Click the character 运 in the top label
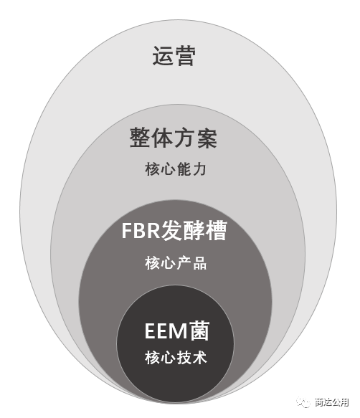point(163,56)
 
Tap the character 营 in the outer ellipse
point(185,56)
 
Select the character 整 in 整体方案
point(141,138)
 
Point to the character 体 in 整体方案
point(163,138)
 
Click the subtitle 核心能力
point(176,169)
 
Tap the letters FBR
point(141,230)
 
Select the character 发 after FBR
point(171,230)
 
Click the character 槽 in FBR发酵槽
point(216,230)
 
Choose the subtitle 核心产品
point(176,263)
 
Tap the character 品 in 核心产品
point(200,263)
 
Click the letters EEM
point(166,331)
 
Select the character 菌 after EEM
point(199,331)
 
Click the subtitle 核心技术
point(176,358)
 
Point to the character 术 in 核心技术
point(200,358)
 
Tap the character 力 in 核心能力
point(200,169)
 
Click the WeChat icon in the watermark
point(303,402)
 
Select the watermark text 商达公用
point(331,402)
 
